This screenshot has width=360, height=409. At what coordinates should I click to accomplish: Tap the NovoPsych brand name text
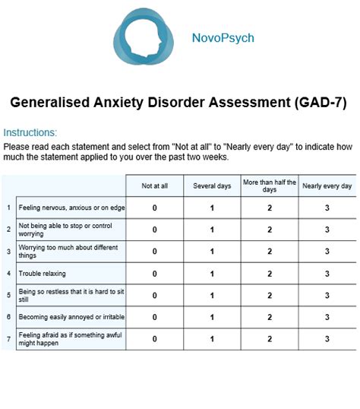click(x=223, y=38)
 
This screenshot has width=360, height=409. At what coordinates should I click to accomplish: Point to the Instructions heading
click(x=30, y=132)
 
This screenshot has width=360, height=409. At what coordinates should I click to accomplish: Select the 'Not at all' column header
click(x=155, y=185)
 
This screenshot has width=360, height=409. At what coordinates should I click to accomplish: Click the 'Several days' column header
click(x=212, y=185)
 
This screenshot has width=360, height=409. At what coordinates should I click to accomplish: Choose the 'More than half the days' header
click(x=270, y=185)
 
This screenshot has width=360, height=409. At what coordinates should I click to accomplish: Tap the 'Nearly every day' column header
click(x=327, y=185)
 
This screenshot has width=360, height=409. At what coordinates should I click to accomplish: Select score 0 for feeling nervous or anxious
click(x=155, y=208)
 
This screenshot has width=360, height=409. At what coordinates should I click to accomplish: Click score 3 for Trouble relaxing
click(x=327, y=274)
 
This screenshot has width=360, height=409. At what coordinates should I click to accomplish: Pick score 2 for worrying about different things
click(x=270, y=252)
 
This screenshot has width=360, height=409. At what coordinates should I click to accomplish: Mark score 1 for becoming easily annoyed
click(x=212, y=317)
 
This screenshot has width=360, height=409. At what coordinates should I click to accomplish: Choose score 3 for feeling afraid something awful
click(x=327, y=339)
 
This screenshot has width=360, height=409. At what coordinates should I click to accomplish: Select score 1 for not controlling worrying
click(x=212, y=230)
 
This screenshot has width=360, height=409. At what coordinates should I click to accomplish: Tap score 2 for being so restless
click(x=270, y=295)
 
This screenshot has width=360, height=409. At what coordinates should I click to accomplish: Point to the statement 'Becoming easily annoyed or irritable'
click(x=71, y=317)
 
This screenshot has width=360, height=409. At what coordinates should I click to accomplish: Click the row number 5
click(x=8, y=295)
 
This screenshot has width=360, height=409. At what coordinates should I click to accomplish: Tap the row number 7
click(x=8, y=339)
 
